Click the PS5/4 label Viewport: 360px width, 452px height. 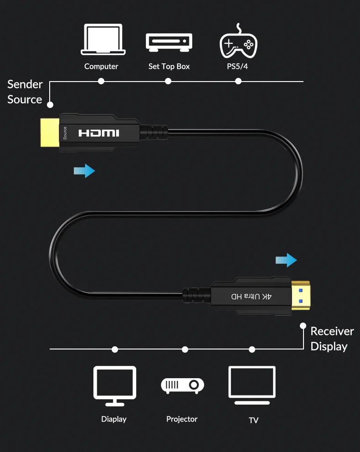click(x=238, y=67)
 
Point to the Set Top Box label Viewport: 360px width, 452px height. click(x=169, y=67)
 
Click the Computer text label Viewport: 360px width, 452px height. click(x=101, y=67)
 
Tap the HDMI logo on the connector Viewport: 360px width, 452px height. click(x=99, y=133)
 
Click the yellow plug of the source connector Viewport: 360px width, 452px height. click(x=50, y=133)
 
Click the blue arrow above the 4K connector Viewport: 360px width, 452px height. click(x=286, y=261)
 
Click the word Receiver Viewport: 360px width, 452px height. click(x=332, y=331)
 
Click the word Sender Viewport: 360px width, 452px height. click(x=25, y=84)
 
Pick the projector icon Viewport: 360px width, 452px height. click(x=182, y=385)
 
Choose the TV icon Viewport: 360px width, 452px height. click(x=252, y=385)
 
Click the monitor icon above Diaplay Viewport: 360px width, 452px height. click(x=114, y=385)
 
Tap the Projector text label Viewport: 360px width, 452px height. click(x=182, y=419)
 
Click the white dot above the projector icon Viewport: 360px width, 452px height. click(x=185, y=349)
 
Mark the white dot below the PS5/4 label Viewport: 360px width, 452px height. click(x=238, y=81)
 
